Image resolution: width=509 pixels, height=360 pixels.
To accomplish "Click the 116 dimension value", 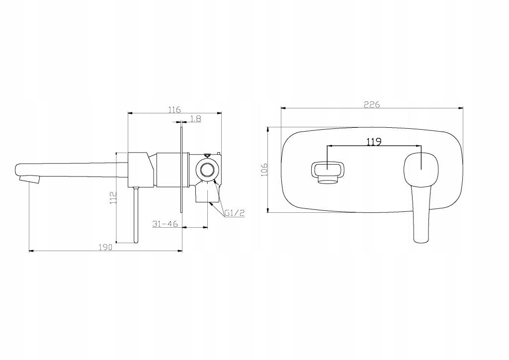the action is tap(174, 110).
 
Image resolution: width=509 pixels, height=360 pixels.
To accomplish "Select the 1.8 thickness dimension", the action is tap(196, 119).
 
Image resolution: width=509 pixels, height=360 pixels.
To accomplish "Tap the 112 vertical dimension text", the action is tap(113, 198).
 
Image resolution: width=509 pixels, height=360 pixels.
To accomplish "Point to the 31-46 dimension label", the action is tap(165, 224).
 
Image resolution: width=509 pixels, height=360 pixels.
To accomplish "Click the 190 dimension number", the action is tap(105, 247).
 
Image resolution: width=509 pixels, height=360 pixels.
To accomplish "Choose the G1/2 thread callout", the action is tap(235, 213).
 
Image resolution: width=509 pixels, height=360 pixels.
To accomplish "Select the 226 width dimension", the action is tap(372, 104).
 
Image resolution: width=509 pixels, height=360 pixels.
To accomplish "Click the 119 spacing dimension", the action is tap(374, 142).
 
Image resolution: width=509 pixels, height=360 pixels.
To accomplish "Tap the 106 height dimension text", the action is tap(264, 170).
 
